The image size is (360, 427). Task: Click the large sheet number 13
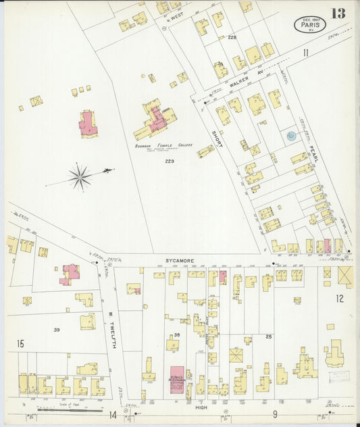[338, 14]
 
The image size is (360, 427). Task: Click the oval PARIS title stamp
[310, 24]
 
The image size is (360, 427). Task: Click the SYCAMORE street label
[180, 259]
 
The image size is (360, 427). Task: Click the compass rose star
[80, 177]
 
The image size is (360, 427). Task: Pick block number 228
[233, 37]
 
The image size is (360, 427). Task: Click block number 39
[58, 330]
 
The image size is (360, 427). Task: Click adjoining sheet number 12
[340, 298]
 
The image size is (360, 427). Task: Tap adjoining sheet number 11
[305, 53]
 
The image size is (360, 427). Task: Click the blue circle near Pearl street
[290, 136]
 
